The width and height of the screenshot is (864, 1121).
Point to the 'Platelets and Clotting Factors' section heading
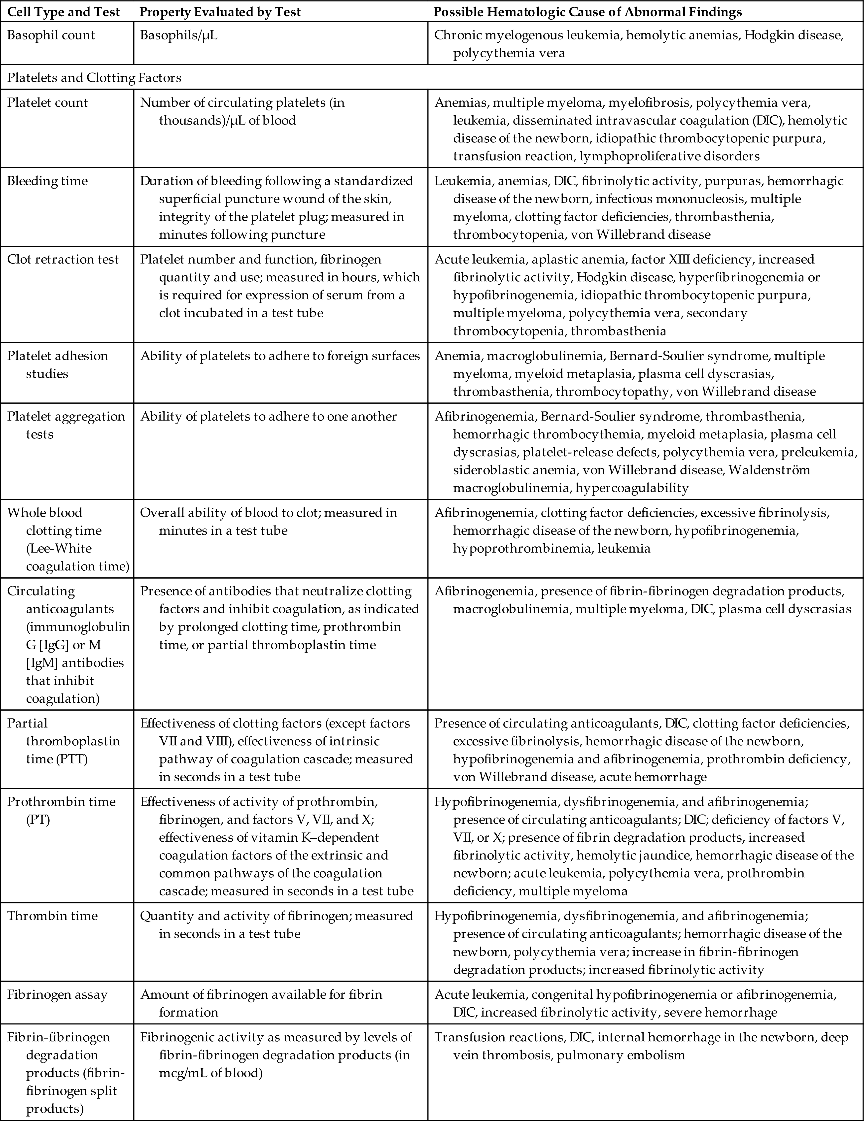click(94, 78)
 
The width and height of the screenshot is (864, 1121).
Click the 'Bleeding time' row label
click(47, 181)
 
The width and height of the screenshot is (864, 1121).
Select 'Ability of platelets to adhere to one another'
click(269, 416)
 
